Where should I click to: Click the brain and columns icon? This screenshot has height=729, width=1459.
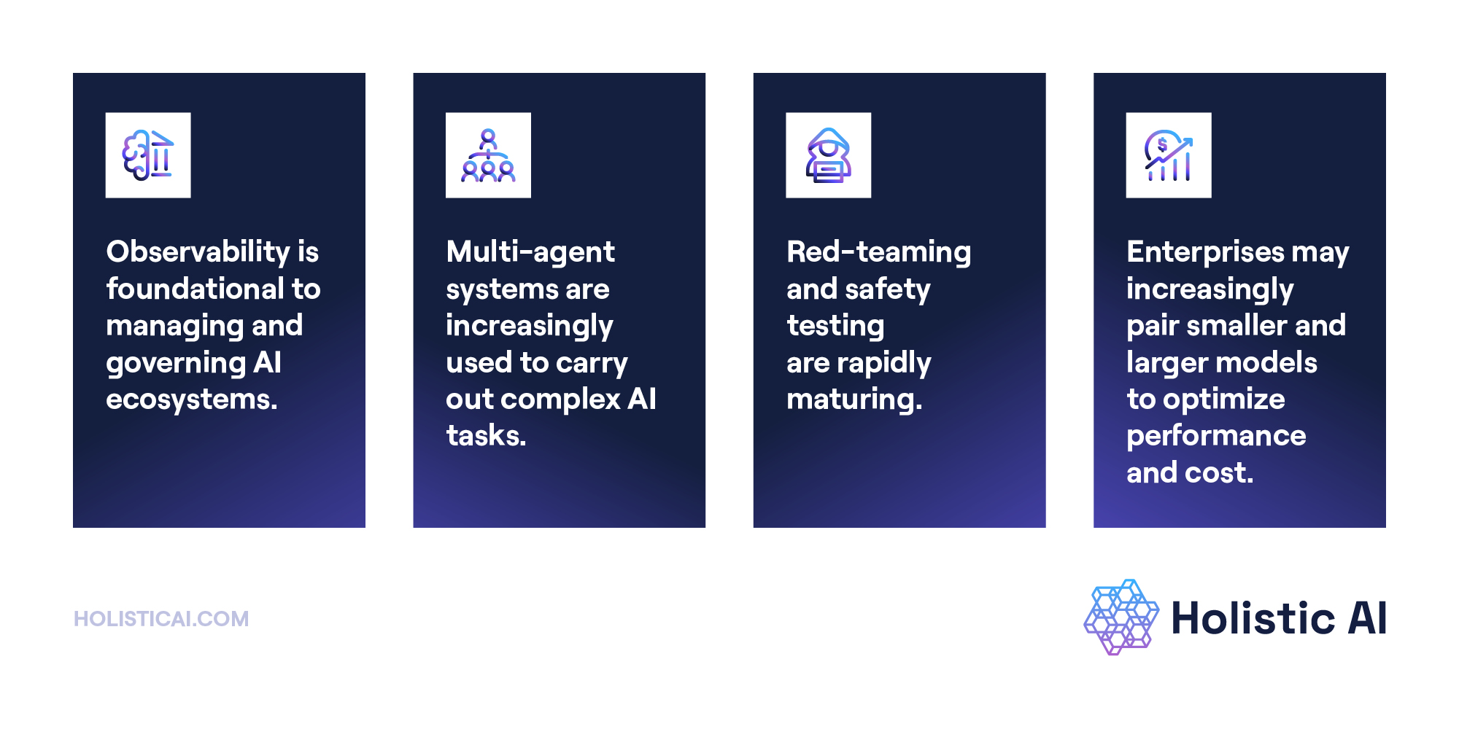point(148,155)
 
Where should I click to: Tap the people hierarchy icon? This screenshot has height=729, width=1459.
point(488,155)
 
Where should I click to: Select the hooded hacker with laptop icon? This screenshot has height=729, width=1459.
point(828,155)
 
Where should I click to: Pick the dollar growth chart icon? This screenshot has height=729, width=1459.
point(1168,155)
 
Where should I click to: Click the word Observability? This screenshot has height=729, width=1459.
point(198,252)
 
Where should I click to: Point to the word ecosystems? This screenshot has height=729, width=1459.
point(191,399)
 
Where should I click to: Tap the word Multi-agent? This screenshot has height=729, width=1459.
point(530,252)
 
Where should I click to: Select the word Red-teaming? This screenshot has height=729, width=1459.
point(878,252)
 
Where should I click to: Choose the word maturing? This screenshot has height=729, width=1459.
point(854,399)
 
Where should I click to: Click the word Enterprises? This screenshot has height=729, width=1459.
point(1205,252)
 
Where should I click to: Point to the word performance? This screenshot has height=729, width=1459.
point(1216,436)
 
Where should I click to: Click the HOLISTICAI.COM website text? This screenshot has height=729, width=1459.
point(161,619)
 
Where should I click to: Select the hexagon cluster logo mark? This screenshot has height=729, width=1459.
point(1121,617)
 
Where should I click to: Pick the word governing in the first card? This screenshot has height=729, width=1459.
point(176,363)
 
